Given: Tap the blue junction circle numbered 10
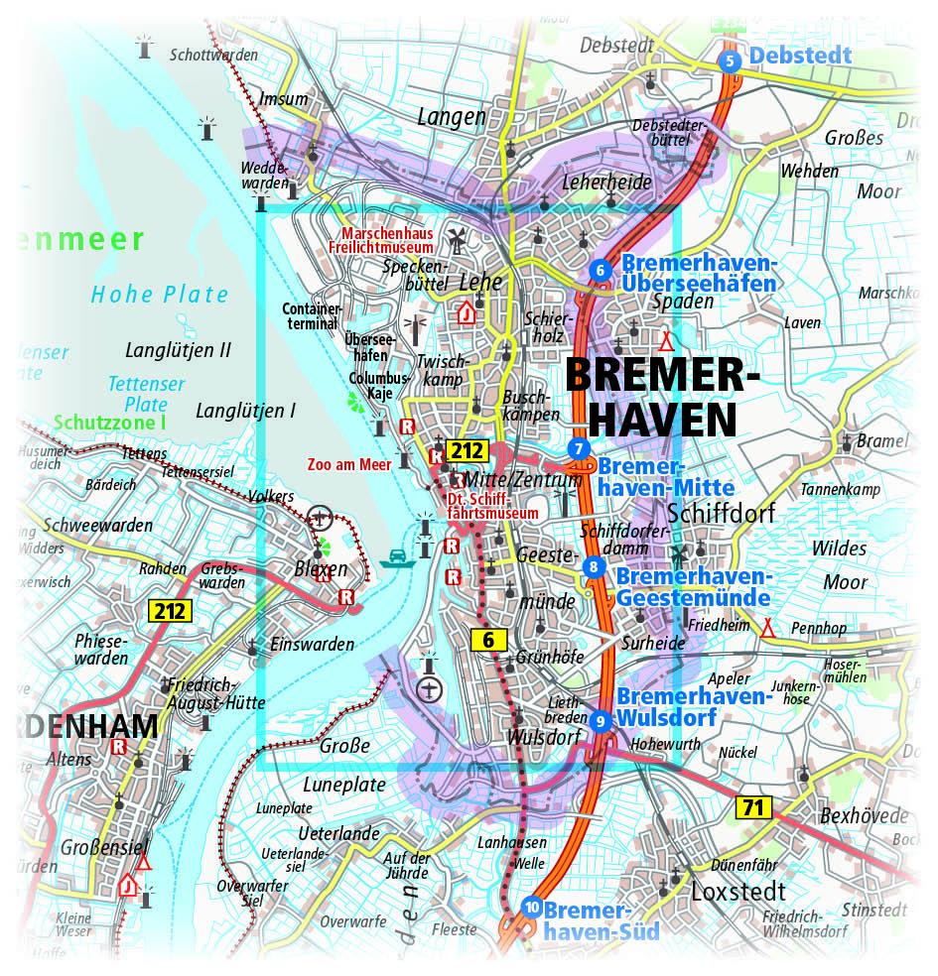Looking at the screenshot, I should pyautogui.click(x=532, y=907).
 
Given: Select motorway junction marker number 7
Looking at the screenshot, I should pyautogui.click(x=579, y=448).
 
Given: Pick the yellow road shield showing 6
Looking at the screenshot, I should pyautogui.click(x=487, y=641).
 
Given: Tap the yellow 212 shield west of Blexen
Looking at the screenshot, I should pyautogui.click(x=169, y=610).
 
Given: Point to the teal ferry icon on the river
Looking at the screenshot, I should pyautogui.click(x=397, y=556).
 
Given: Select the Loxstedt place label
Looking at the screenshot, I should pyautogui.click(x=739, y=889).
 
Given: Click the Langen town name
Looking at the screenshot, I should pyautogui.click(x=452, y=117).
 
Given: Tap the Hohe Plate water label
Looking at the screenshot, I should pyautogui.click(x=160, y=295).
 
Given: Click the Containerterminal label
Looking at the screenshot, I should pyautogui.click(x=313, y=316).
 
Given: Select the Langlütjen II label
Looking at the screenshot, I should pyautogui.click(x=179, y=350).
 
